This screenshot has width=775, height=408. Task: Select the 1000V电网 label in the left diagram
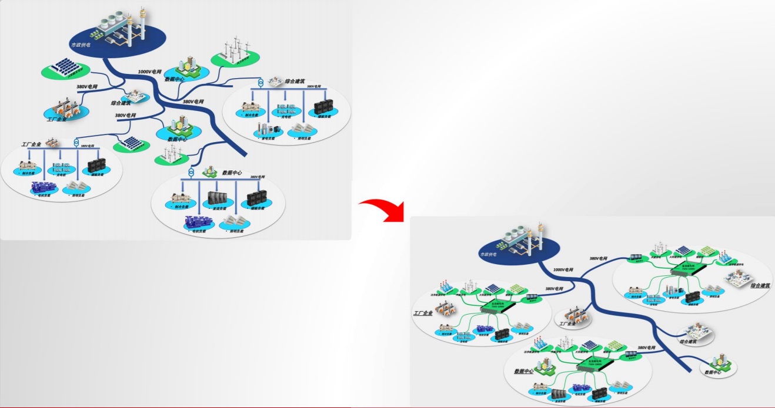tap(149, 72)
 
